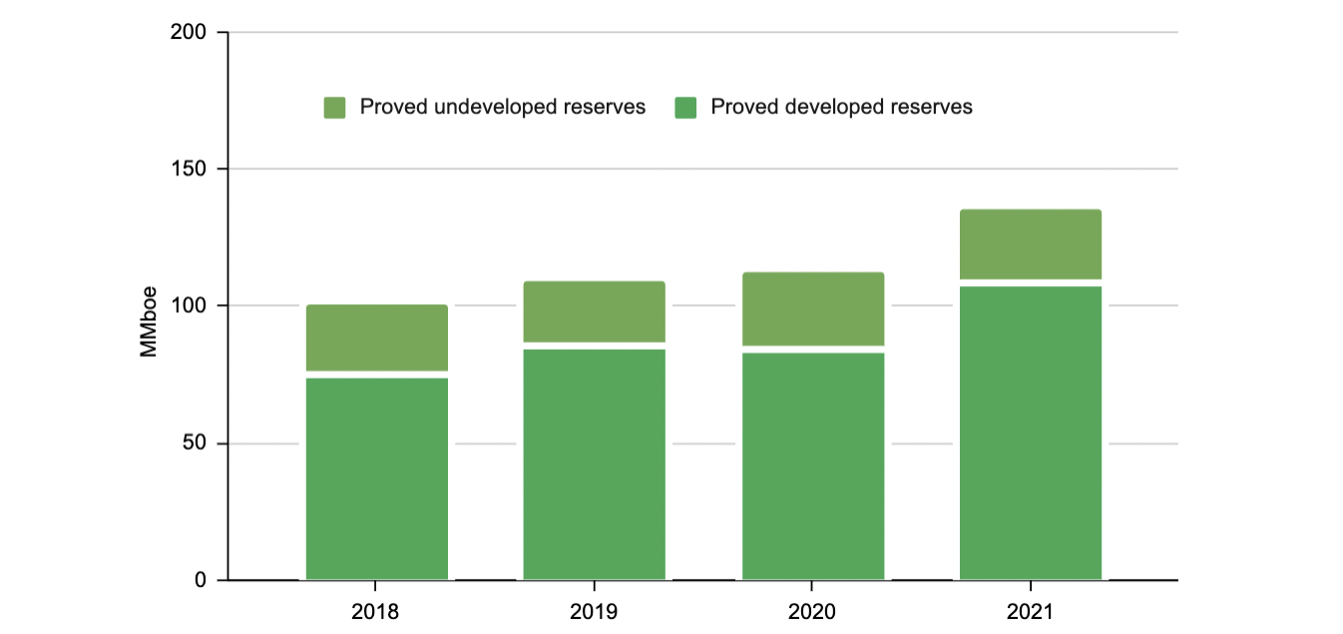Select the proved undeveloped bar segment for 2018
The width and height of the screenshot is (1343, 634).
click(376, 338)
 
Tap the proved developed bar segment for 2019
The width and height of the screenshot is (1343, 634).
click(595, 464)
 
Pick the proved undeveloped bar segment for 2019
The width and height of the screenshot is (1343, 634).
click(595, 312)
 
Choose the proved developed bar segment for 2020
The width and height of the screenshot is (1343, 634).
click(813, 466)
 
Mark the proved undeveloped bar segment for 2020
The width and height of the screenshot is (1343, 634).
click(813, 309)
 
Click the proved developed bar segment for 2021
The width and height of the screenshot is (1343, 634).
click(1031, 433)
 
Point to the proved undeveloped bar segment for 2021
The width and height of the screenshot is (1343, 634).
click(1031, 244)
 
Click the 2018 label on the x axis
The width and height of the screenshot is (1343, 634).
click(376, 611)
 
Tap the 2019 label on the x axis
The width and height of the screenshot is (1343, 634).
click(595, 611)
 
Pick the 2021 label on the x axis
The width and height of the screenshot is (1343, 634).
click(1031, 611)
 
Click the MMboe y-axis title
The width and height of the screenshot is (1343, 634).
click(149, 306)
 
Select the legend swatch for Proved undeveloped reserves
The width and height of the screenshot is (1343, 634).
click(335, 108)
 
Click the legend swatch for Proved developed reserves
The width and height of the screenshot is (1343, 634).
click(685, 108)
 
